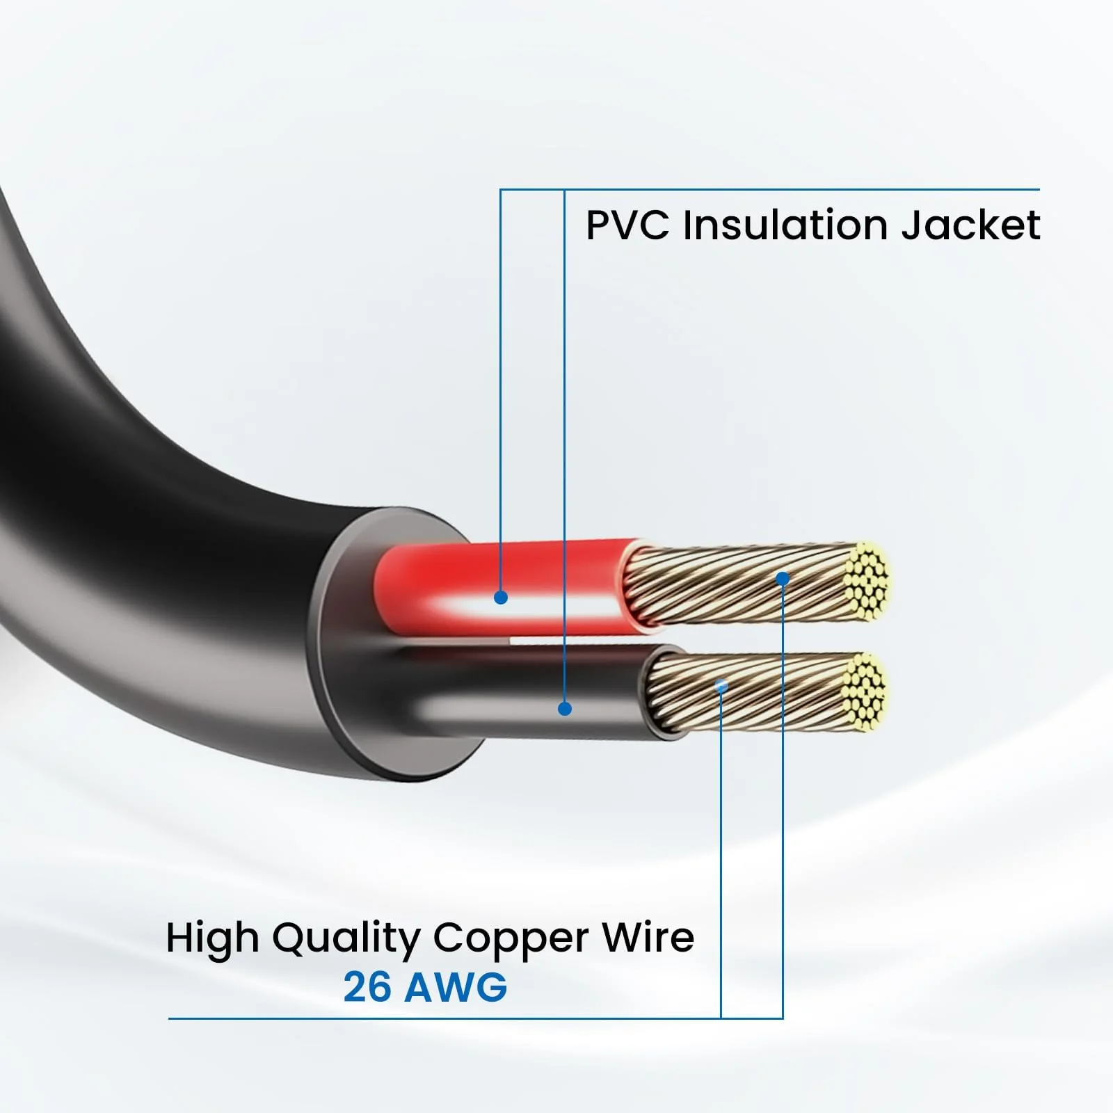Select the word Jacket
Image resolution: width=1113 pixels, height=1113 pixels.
point(971,225)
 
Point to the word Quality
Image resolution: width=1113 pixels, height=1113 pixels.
point(346,940)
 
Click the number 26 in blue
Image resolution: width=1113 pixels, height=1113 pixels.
point(367,986)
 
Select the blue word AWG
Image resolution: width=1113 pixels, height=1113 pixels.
point(456,986)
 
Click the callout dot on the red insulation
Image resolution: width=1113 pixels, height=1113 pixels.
point(500,597)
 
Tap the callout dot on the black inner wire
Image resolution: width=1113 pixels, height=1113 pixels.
point(565,709)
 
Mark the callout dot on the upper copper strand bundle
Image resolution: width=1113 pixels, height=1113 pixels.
point(783,578)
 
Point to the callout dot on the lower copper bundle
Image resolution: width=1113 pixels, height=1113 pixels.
point(721,686)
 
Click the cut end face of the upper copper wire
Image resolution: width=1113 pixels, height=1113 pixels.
point(868,581)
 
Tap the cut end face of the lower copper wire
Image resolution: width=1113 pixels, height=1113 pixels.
point(864,692)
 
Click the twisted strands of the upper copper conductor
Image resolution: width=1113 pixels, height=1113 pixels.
point(737,584)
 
